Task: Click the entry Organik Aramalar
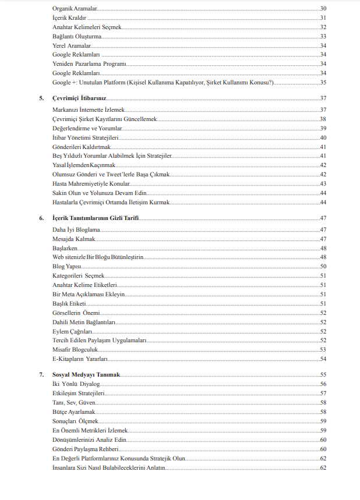75,9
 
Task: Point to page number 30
322,9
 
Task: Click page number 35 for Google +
322,83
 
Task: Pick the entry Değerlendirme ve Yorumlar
87,128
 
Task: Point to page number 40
322,137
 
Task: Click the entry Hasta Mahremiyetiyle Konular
91,184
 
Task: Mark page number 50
322,266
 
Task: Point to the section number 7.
41,374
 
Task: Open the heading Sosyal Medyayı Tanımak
86,374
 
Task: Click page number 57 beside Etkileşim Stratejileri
322,393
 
